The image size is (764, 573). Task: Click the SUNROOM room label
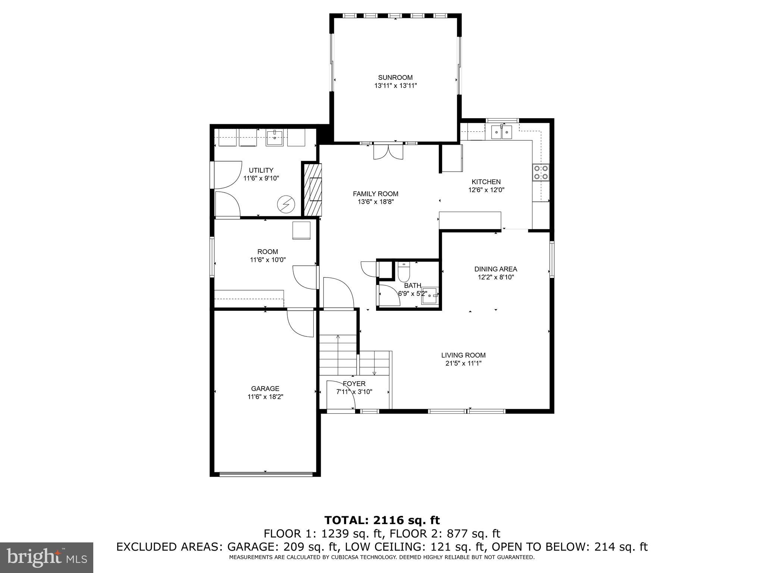(x=395, y=78)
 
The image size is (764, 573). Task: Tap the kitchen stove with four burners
(x=541, y=172)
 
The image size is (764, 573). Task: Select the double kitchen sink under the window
(x=501, y=132)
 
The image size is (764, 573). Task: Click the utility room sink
(x=275, y=138)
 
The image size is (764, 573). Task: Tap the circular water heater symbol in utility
(x=286, y=204)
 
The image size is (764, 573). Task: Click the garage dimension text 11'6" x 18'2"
(x=265, y=397)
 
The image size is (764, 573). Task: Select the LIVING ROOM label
(x=463, y=355)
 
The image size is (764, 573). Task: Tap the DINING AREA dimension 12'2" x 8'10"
(x=496, y=277)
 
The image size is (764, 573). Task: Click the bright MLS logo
(x=47, y=557)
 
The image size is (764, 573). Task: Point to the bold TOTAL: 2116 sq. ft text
(x=382, y=520)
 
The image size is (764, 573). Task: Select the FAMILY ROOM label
(x=375, y=194)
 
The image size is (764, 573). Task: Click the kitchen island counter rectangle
(x=470, y=220)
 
